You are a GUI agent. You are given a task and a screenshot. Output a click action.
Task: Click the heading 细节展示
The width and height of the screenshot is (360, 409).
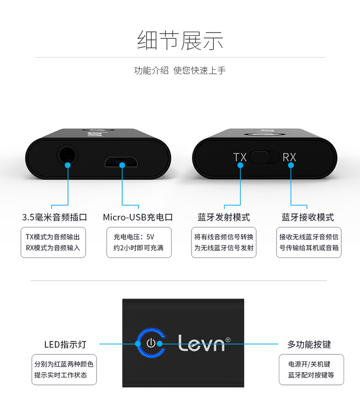click(x=180, y=41)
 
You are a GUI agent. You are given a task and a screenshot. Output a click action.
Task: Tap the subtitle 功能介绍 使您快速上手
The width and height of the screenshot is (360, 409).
click(x=180, y=71)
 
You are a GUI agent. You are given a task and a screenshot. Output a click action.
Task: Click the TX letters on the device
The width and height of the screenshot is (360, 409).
click(x=240, y=158)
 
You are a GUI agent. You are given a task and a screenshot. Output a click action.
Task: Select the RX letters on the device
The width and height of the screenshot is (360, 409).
click(x=289, y=158)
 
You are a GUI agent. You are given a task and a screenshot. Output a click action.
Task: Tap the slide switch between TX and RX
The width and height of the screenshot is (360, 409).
click(x=264, y=158)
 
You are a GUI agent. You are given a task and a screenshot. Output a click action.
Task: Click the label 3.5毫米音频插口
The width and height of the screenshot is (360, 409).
click(x=54, y=217)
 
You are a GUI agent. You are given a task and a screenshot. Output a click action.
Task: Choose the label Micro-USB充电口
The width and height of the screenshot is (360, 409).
click(x=138, y=217)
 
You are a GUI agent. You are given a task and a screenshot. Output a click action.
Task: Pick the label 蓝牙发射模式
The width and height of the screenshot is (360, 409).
click(x=224, y=217)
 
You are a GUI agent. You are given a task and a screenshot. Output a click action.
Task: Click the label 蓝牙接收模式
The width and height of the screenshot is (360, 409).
click(x=308, y=217)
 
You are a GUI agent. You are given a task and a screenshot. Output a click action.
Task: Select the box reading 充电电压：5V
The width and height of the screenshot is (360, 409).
click(x=139, y=242)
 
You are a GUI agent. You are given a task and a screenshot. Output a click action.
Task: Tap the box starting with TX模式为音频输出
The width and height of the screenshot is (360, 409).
click(x=53, y=242)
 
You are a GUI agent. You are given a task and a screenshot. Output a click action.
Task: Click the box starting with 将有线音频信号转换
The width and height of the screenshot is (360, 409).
click(x=224, y=242)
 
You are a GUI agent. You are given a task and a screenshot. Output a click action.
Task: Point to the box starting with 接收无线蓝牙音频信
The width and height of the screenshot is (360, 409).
click(x=309, y=242)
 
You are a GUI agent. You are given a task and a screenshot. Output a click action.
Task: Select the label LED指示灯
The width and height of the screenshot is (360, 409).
click(x=65, y=344)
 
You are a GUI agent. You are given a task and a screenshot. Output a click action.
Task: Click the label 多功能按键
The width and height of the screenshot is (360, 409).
click(x=309, y=344)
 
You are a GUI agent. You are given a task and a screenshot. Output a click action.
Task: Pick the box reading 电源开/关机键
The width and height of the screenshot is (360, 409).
click(x=311, y=369)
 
